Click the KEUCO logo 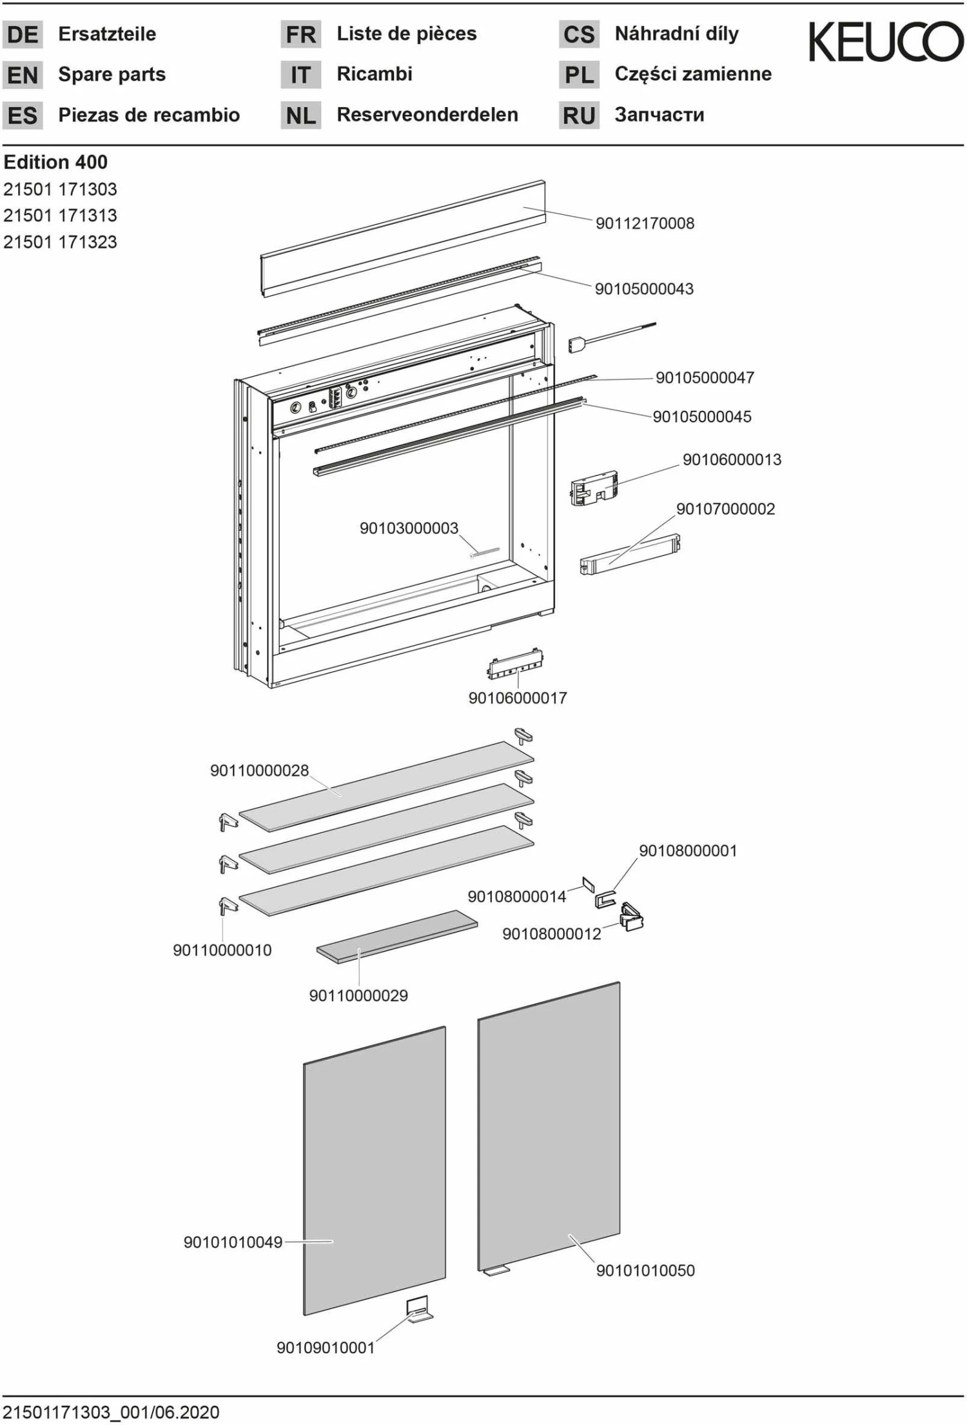click(886, 42)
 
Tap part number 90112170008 click(645, 223)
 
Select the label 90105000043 click(644, 288)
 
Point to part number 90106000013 click(732, 459)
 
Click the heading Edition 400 click(55, 162)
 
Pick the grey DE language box click(23, 34)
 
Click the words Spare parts click(112, 74)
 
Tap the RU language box click(578, 115)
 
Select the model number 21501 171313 click(60, 215)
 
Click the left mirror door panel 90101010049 click(374, 1171)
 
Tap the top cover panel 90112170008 click(403, 239)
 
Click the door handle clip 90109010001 click(418, 1309)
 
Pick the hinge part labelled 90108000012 click(632, 917)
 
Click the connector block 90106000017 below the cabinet click(515, 664)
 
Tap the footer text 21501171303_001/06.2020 click(111, 1412)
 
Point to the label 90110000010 click(222, 950)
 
